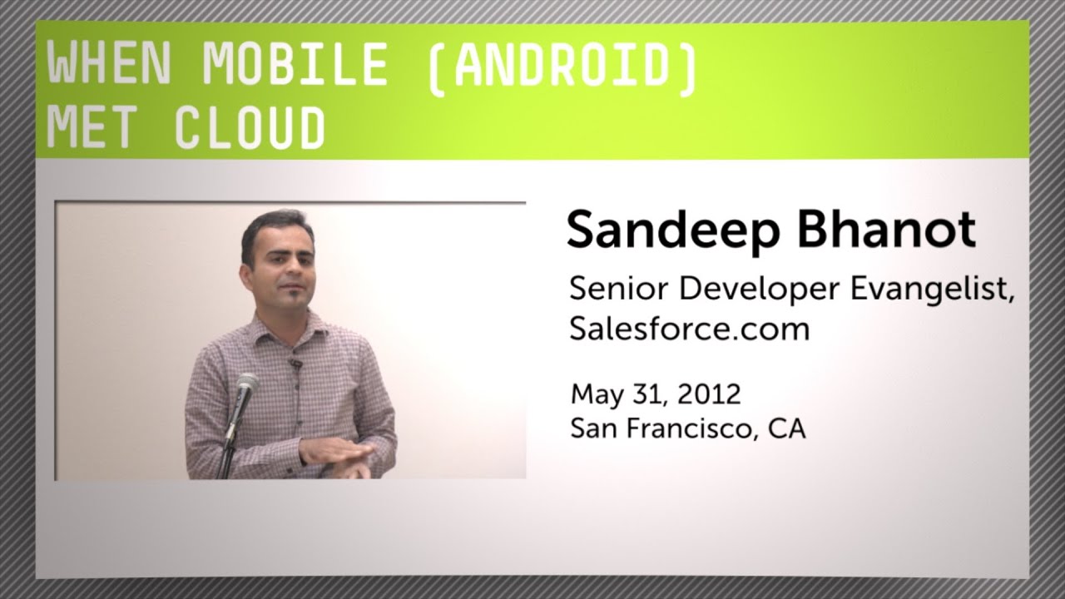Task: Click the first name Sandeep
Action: [x=675, y=231]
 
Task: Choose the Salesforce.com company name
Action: [x=689, y=329]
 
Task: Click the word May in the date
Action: [x=592, y=394]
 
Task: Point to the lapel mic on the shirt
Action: [x=294, y=363]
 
